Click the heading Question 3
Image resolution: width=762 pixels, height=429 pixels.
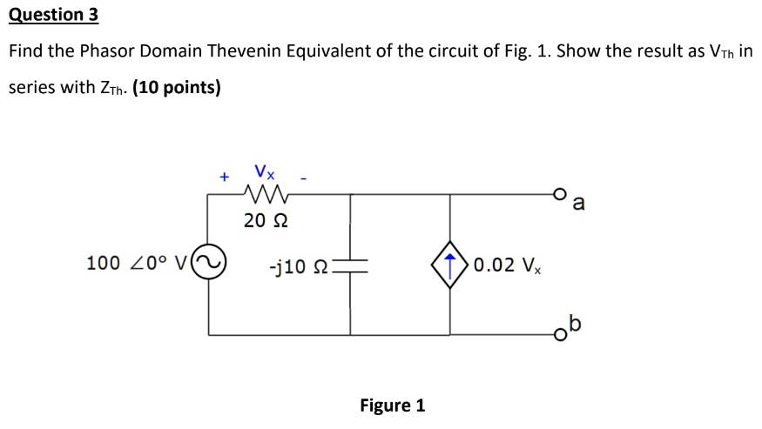click(x=53, y=15)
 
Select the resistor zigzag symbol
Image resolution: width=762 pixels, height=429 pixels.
click(x=266, y=193)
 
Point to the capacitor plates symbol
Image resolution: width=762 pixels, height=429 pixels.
click(x=351, y=265)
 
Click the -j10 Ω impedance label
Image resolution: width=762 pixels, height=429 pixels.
click(x=300, y=265)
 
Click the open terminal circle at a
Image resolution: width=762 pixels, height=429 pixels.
click(x=563, y=194)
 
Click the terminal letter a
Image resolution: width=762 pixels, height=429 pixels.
click(x=580, y=205)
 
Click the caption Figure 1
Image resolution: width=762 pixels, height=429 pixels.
click(x=392, y=406)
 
